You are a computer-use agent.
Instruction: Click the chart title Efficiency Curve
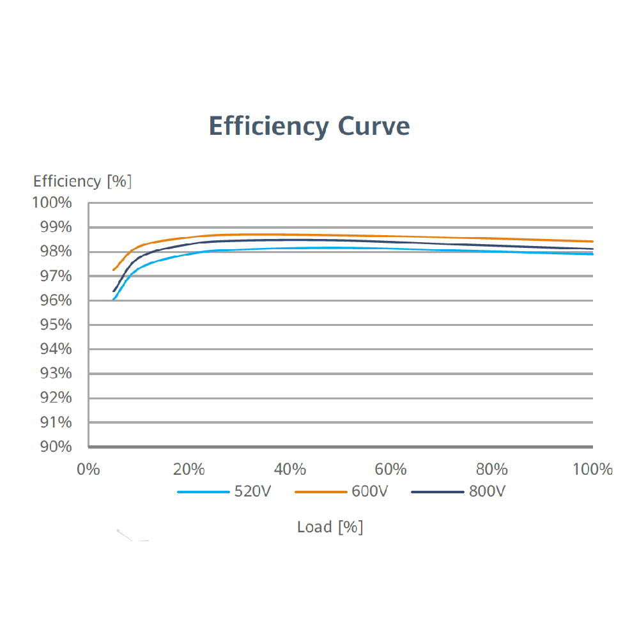pos(309,126)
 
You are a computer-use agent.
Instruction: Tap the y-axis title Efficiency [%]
pos(82,181)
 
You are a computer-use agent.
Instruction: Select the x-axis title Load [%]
pos(330,527)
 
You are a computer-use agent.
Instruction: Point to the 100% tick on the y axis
pos(52,203)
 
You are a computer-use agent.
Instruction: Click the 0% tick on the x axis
pos(88,470)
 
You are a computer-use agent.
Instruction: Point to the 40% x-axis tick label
pos(290,470)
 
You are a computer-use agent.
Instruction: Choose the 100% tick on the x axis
pos(592,470)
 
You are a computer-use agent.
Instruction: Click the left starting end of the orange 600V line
pos(114,270)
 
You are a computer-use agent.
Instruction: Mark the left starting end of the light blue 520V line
pos(114,299)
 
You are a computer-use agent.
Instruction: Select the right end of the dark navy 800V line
pos(592,249)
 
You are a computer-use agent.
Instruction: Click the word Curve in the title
pos(374,126)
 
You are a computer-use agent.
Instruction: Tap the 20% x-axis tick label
pos(189,470)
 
